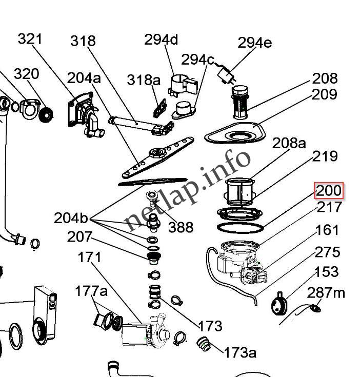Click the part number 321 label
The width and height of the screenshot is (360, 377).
point(30,39)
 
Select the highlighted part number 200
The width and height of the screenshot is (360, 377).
point(328,191)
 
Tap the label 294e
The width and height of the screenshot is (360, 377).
point(254,43)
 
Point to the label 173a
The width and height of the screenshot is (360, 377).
point(239,352)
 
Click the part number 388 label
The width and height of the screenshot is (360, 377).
point(181,226)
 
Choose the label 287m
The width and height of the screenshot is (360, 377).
point(326,293)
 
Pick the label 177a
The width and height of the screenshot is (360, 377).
point(91,291)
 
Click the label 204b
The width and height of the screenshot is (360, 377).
point(71,218)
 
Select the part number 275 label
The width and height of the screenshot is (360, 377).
point(327,252)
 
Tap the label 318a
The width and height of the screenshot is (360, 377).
point(144,80)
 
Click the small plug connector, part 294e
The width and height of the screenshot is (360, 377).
point(225,76)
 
